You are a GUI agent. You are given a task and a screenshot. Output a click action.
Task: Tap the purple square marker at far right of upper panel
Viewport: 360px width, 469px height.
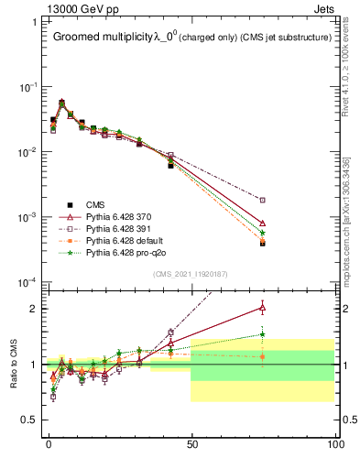tap(263, 200)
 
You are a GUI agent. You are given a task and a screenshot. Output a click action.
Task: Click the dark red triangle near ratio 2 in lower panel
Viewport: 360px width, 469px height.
tap(263, 308)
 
